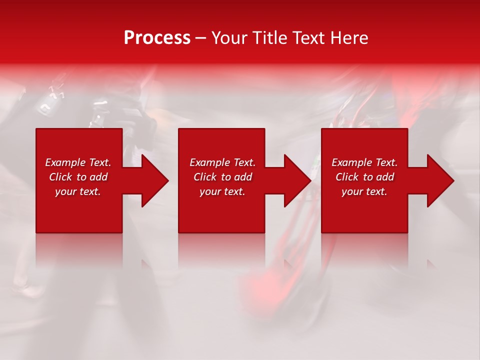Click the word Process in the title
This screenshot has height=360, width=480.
[x=157, y=38]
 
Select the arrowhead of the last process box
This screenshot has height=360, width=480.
[x=439, y=180]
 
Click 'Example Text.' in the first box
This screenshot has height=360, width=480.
[x=78, y=162]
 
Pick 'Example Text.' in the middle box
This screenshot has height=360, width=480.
[x=222, y=162]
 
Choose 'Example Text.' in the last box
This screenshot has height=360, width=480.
[x=364, y=162]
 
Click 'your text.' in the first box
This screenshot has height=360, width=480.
[x=78, y=191]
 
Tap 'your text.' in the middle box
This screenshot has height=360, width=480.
[x=222, y=191]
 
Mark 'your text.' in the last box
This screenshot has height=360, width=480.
[x=364, y=191]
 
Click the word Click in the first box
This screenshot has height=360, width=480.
[x=61, y=177]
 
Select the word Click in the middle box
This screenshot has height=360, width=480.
[x=205, y=177]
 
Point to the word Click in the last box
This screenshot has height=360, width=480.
[x=347, y=177]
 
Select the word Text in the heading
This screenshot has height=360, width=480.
[x=308, y=38]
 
